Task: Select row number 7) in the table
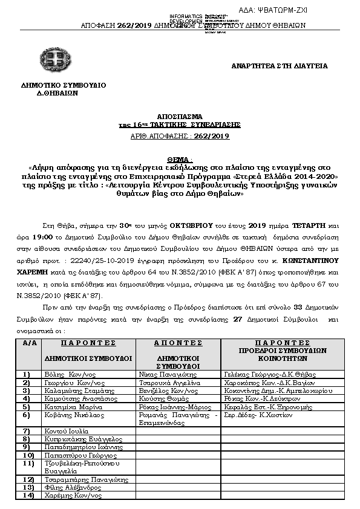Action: point(27,430)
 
